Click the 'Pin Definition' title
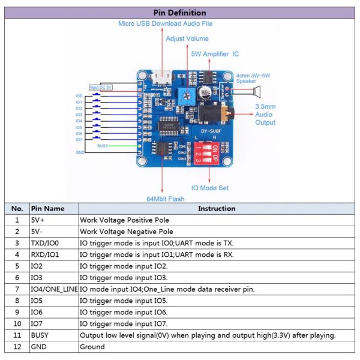pos(180,13)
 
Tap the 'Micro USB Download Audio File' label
pos(166,23)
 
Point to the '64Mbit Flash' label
pos(166,199)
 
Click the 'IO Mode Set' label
pos(209,188)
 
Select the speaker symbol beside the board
pos(257,91)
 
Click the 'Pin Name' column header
pos(47,209)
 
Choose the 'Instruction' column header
pos(217,209)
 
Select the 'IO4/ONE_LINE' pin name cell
pos(54,289)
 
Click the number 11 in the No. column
pos(17,335)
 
